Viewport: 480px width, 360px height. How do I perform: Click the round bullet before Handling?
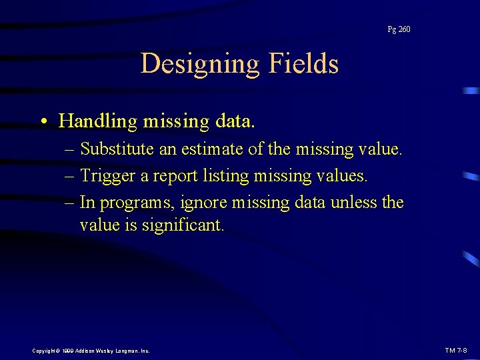43,122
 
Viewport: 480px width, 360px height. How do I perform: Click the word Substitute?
117,149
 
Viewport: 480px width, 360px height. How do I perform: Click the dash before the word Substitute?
70,149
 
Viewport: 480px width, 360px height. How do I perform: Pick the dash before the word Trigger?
70,176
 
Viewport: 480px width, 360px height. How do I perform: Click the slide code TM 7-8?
457,350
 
